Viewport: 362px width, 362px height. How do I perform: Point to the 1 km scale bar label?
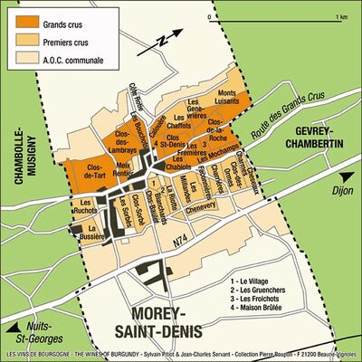pyautogui.click(x=341, y=16)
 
